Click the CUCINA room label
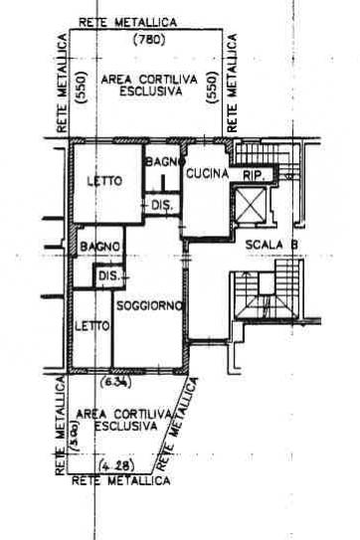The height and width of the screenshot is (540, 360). click(x=207, y=174)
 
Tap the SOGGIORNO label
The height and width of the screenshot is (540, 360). click(x=149, y=306)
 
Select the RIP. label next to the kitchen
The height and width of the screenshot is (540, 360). click(x=254, y=176)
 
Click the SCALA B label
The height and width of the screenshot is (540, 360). click(x=271, y=245)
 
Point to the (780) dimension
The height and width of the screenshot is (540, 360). click(x=149, y=41)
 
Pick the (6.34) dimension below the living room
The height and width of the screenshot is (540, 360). click(x=115, y=382)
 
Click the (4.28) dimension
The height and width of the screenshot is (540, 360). click(x=116, y=466)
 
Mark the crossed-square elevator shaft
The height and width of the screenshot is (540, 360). click(x=250, y=205)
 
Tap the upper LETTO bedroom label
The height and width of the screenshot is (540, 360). click(x=104, y=181)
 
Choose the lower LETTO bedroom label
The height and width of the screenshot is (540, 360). click(x=92, y=326)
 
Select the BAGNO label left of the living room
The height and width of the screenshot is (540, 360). click(x=99, y=247)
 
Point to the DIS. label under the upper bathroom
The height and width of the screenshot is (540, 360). click(x=162, y=206)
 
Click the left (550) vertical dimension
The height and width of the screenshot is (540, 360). click(x=82, y=88)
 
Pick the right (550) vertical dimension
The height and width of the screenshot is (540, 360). click(x=212, y=88)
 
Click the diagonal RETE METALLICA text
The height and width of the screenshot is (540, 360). click(x=178, y=425)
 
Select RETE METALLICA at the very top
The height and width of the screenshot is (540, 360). click(x=128, y=23)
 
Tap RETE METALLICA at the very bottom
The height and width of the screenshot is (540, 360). click(x=121, y=480)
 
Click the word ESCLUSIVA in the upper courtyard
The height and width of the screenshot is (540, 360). click(x=150, y=91)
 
